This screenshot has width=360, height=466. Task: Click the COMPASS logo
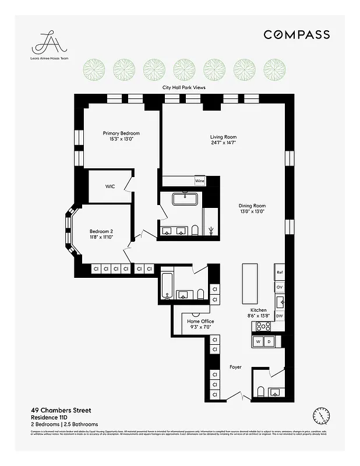(x=297, y=35)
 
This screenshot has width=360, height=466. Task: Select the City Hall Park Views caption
(x=183, y=87)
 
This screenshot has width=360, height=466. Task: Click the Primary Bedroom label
(x=121, y=136)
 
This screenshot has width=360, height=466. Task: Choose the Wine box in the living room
(x=199, y=181)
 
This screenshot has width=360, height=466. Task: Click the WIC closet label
(x=110, y=186)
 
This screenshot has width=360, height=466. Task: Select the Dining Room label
(x=252, y=209)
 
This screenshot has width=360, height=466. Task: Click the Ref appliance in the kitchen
(x=280, y=272)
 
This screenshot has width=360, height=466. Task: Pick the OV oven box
(x=280, y=287)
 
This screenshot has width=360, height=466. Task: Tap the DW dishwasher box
(x=280, y=316)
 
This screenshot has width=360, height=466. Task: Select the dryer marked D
(x=270, y=341)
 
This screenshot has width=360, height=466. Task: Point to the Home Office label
(x=200, y=324)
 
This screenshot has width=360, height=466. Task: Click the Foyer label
(x=235, y=367)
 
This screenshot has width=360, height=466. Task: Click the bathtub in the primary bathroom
(x=185, y=200)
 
